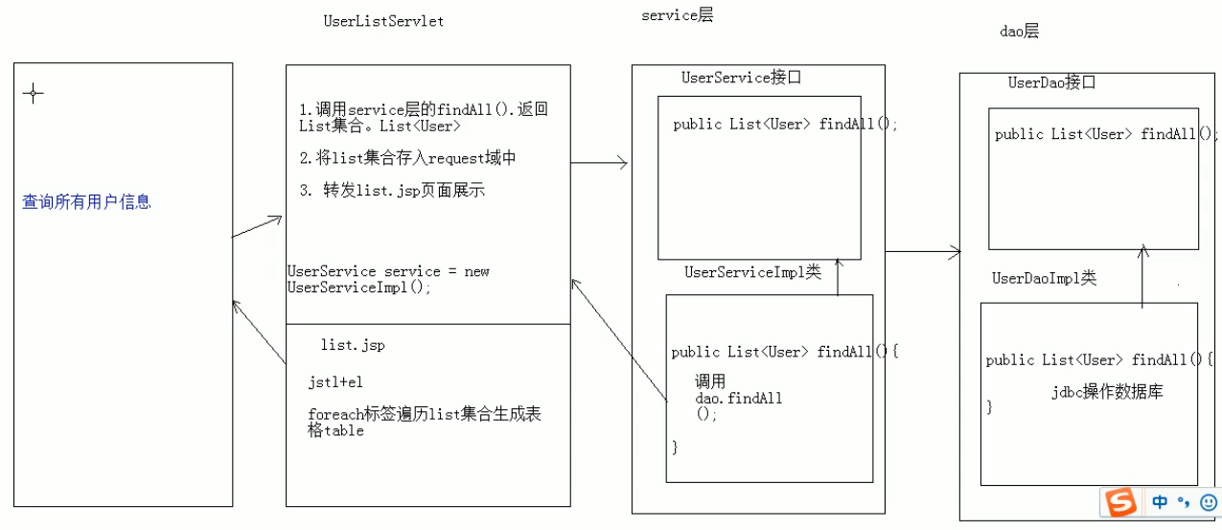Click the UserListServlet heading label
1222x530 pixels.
[x=383, y=20]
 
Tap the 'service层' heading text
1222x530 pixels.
[x=678, y=15]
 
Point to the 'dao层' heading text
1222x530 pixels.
[x=1019, y=32]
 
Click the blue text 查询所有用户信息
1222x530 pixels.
[x=86, y=202]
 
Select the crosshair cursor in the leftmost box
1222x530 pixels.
[x=34, y=93]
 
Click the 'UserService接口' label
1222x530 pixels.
[x=740, y=78]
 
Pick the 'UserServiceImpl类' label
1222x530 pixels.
[x=752, y=272]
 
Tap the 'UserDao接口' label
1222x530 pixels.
[x=1051, y=82]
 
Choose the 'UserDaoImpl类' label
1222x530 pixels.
[x=1044, y=278]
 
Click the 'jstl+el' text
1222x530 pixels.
[x=335, y=381]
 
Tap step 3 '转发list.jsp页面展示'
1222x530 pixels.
[x=392, y=190]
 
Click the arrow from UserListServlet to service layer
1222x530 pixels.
[x=599, y=164]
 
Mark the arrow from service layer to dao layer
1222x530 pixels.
[x=923, y=252]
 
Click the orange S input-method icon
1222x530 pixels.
[x=1119, y=501]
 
